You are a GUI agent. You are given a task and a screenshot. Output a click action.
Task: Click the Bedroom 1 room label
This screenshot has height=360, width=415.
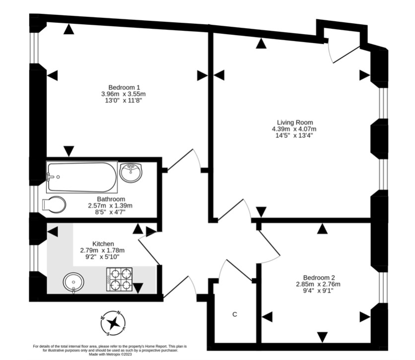123,87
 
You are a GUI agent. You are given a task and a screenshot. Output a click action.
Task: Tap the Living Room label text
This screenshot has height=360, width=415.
295,122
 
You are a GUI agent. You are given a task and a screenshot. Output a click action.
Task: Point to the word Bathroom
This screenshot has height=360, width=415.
110,198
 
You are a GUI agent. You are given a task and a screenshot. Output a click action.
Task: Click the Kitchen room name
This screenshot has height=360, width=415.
103,243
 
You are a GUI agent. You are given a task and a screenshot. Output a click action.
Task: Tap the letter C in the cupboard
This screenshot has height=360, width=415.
235,315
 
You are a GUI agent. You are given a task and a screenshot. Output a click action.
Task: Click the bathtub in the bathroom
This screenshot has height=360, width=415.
82,177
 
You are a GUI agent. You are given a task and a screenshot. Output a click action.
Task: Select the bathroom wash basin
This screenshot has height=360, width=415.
131,172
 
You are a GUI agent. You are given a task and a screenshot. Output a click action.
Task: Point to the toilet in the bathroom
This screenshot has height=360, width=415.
54,205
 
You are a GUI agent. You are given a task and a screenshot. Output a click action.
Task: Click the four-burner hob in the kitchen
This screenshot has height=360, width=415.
120,279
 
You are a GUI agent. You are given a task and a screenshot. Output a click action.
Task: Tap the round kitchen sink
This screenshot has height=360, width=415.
73,283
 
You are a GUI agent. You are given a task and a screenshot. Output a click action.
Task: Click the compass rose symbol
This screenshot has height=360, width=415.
114,323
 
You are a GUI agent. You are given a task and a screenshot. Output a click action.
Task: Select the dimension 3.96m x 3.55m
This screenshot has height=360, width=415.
123,94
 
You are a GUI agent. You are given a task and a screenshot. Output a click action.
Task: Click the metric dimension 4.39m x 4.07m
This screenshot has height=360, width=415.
295,129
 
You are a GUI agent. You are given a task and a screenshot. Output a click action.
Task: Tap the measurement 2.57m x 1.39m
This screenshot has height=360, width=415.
110,205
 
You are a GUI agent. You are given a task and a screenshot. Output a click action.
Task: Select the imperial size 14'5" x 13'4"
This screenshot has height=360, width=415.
295,135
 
